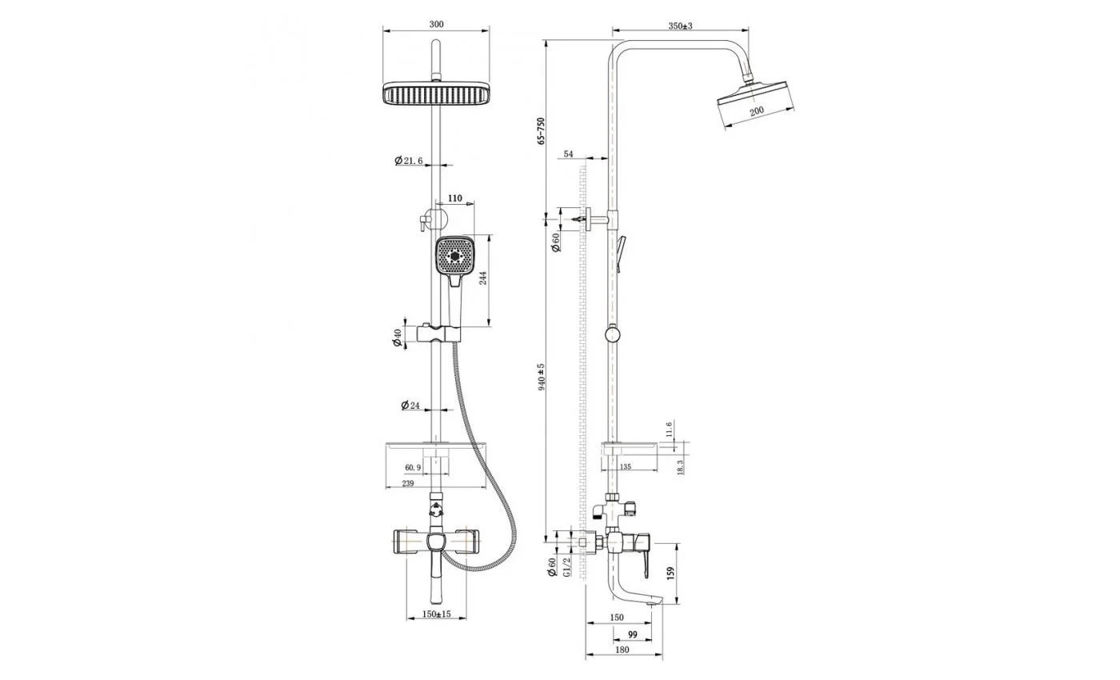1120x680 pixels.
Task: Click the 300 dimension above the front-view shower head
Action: (x=436, y=24)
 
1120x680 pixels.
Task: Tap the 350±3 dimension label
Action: (x=680, y=26)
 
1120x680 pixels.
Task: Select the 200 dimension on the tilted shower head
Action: (x=757, y=110)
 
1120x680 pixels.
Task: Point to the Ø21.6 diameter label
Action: (x=409, y=161)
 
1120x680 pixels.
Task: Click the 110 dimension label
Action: (x=455, y=198)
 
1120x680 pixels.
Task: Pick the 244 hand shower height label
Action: (x=483, y=278)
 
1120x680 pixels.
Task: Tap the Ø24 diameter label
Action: (x=410, y=405)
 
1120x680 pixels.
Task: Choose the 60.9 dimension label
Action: (x=413, y=467)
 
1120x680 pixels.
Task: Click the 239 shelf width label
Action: (x=408, y=483)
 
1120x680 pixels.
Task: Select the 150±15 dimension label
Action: (x=437, y=614)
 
